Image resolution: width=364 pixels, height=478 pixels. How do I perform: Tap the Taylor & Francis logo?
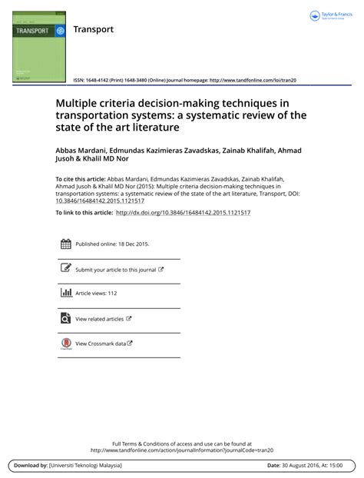point(329,16)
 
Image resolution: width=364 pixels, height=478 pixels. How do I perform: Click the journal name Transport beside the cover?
point(93,30)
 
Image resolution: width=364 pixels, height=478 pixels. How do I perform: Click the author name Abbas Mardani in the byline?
point(83,151)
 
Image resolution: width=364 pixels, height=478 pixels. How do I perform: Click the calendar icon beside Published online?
point(65,244)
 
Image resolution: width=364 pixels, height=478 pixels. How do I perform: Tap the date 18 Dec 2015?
point(130,244)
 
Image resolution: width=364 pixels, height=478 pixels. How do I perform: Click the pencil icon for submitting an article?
point(65,269)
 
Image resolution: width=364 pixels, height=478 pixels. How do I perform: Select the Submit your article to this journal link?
point(116,270)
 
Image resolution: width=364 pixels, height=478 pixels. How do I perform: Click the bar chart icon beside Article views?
point(65,293)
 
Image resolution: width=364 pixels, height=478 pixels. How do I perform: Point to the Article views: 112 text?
point(96,294)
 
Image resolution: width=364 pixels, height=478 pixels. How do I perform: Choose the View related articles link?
point(100,318)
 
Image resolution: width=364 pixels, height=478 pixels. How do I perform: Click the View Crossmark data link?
point(101,344)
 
